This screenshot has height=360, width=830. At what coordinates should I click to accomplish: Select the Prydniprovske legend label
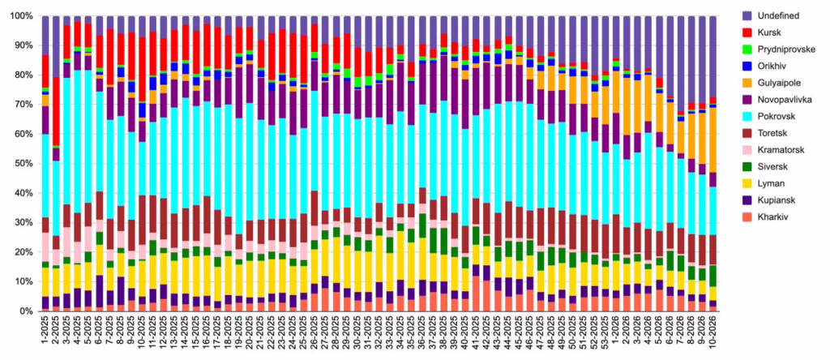tap(788, 49)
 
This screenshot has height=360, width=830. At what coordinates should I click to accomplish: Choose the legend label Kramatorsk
tap(785, 151)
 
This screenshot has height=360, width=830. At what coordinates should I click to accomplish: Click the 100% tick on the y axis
tap(19, 16)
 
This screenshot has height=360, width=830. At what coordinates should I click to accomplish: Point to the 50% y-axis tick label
tap(22, 164)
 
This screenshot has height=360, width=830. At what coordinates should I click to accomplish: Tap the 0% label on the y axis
tap(24, 311)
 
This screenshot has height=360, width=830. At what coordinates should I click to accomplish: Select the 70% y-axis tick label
tap(22, 105)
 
